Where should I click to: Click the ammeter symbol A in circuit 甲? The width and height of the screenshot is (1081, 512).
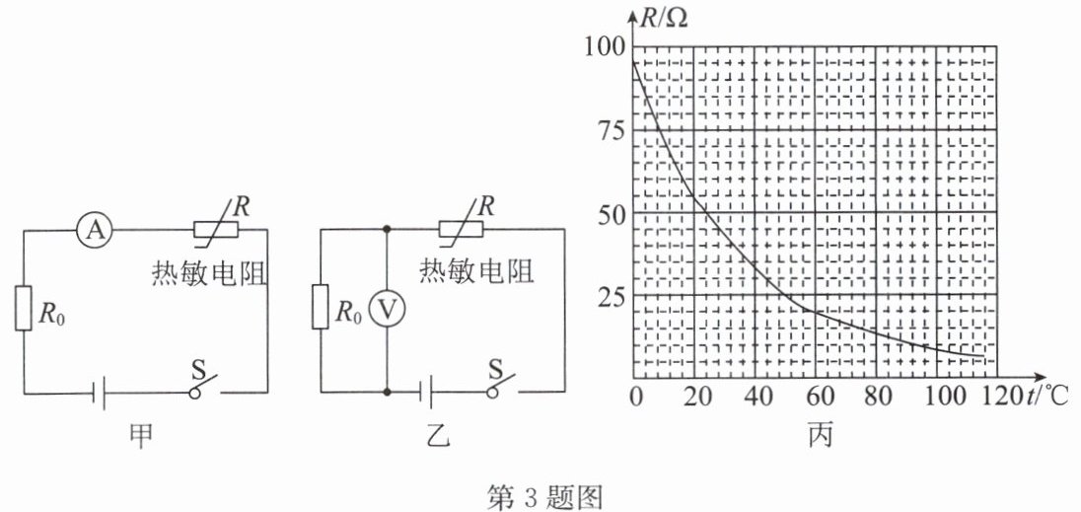coord(95,230)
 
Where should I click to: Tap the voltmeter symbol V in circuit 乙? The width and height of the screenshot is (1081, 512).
coord(387,311)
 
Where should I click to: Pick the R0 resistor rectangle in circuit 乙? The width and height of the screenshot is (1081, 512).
coord(321,307)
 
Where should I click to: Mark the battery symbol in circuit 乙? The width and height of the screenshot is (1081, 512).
coord(427,393)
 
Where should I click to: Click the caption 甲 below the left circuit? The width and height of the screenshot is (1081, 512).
coord(142,437)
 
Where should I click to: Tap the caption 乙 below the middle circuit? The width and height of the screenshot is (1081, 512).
coord(439,436)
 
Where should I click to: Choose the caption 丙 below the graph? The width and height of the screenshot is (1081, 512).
coord(821,436)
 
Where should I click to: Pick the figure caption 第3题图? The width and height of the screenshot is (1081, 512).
coord(545,497)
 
